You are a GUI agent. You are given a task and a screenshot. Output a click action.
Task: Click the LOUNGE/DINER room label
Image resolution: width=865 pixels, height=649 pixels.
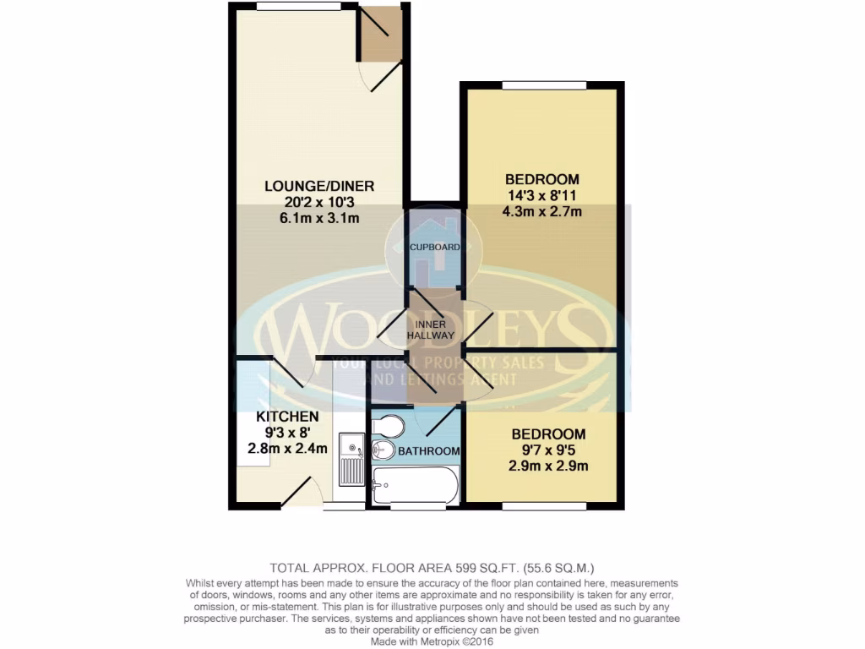pos(318,186)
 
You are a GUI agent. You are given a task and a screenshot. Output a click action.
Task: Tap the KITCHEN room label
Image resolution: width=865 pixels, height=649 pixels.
pos(287,417)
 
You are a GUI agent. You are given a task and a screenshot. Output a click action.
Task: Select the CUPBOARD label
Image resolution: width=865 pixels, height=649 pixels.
pos(434,248)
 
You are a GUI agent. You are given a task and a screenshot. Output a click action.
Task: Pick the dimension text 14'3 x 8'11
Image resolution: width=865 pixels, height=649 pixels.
pos(541,195)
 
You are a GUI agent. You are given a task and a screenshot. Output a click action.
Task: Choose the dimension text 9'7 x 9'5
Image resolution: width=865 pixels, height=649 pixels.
pos(547,450)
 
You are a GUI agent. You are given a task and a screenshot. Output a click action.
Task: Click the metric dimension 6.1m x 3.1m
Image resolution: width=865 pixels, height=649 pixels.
pos(318,219)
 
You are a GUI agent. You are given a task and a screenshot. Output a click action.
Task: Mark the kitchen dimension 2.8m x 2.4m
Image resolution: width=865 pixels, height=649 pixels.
pos(287,449)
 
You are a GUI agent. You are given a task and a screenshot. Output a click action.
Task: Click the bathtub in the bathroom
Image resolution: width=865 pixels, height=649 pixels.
pos(415,485)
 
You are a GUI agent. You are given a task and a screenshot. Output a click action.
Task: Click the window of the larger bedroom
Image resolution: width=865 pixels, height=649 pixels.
pos(541,85)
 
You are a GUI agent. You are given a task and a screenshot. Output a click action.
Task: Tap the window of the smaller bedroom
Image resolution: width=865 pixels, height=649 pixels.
pos(546,506)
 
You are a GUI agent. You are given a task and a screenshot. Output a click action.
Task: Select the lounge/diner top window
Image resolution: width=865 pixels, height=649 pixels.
pos(291,6)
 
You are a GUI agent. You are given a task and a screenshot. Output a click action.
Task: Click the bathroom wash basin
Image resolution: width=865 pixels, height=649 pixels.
pos(384,449)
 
